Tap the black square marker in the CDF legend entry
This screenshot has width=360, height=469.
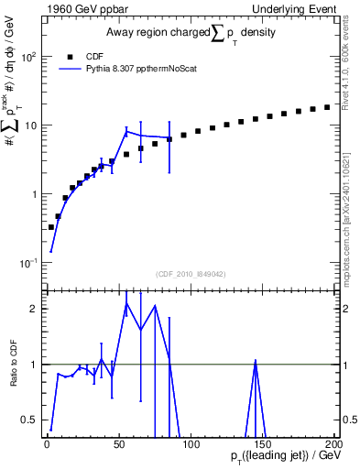(x=71, y=55)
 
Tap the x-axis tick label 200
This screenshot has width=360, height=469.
(x=333, y=444)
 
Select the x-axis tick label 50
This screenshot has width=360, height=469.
(x=118, y=444)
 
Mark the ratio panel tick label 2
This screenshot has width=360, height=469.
(x=33, y=309)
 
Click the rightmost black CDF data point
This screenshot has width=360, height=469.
(x=327, y=107)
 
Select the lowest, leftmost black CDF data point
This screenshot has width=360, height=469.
(x=51, y=226)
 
